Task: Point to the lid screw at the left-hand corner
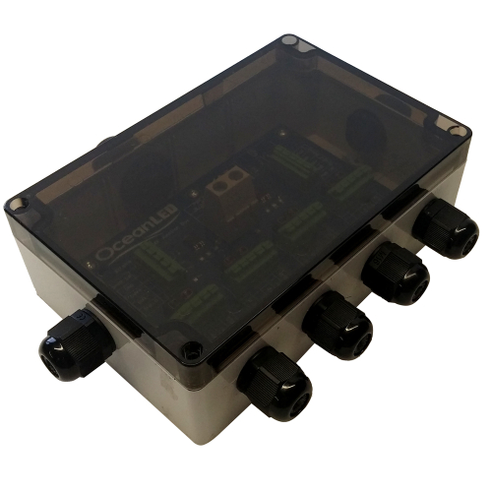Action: pyautogui.click(x=18, y=204)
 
